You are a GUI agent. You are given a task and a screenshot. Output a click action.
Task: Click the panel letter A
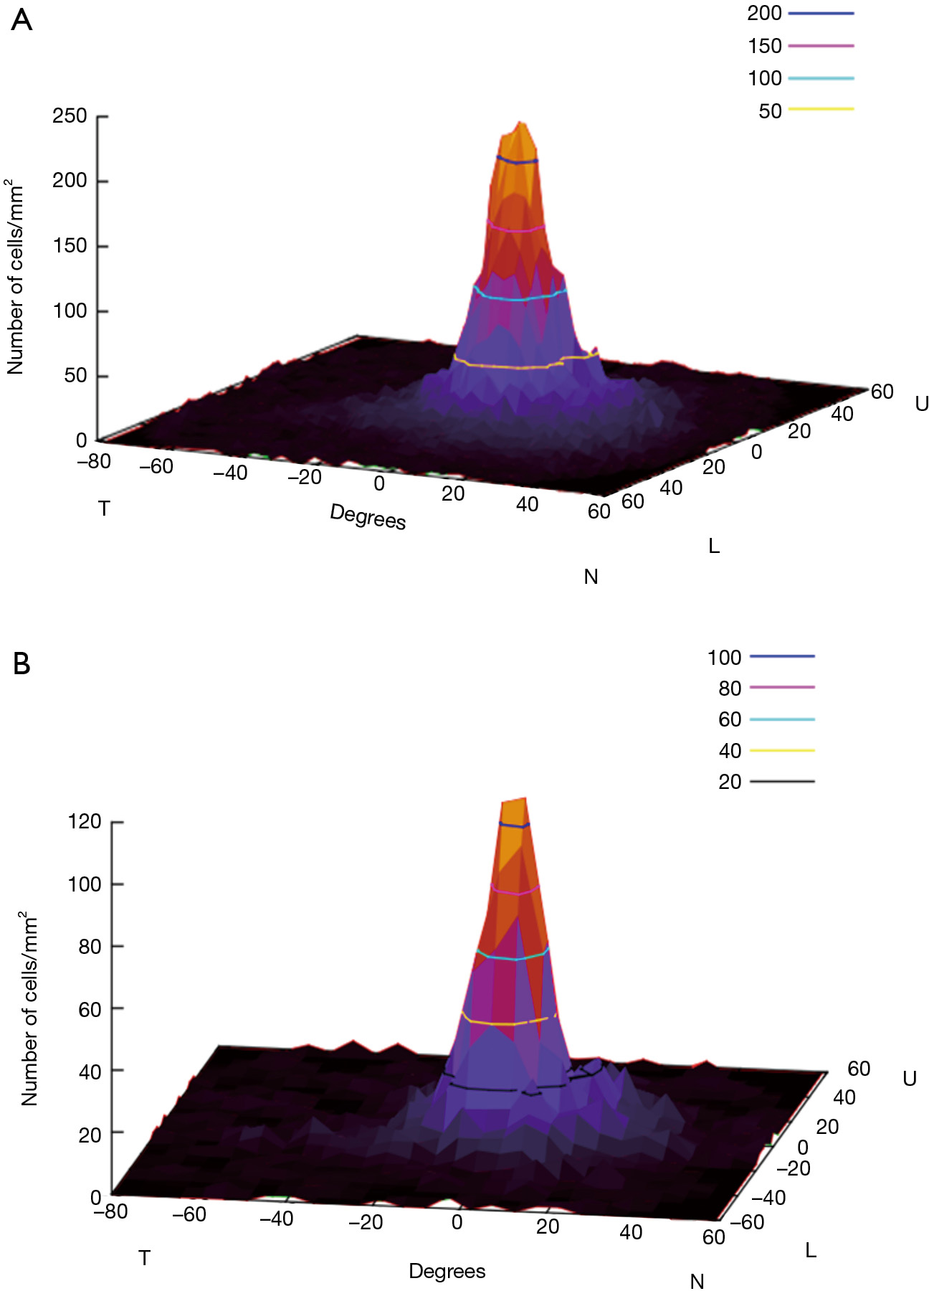[22, 20]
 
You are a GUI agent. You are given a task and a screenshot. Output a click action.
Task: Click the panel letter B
[22, 664]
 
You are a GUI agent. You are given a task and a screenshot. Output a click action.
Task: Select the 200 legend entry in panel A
[765, 13]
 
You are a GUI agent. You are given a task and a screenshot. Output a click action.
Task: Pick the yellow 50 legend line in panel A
[821, 109]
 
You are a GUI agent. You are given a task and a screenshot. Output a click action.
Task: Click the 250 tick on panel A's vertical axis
[70, 115]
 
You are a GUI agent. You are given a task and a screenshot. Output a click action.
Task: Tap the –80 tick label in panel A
[94, 461]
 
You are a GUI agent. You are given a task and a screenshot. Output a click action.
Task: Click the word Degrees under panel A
[368, 516]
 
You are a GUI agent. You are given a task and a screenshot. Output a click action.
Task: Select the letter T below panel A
[104, 509]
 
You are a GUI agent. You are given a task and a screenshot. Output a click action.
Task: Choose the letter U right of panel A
[921, 404]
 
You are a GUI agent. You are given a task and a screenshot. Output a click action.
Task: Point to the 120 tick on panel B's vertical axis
[85, 821]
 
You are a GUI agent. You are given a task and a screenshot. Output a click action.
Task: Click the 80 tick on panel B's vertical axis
[90, 946]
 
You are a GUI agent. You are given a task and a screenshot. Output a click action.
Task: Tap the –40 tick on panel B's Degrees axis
[276, 1218]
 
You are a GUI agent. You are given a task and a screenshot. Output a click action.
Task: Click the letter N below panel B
[697, 1281]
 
